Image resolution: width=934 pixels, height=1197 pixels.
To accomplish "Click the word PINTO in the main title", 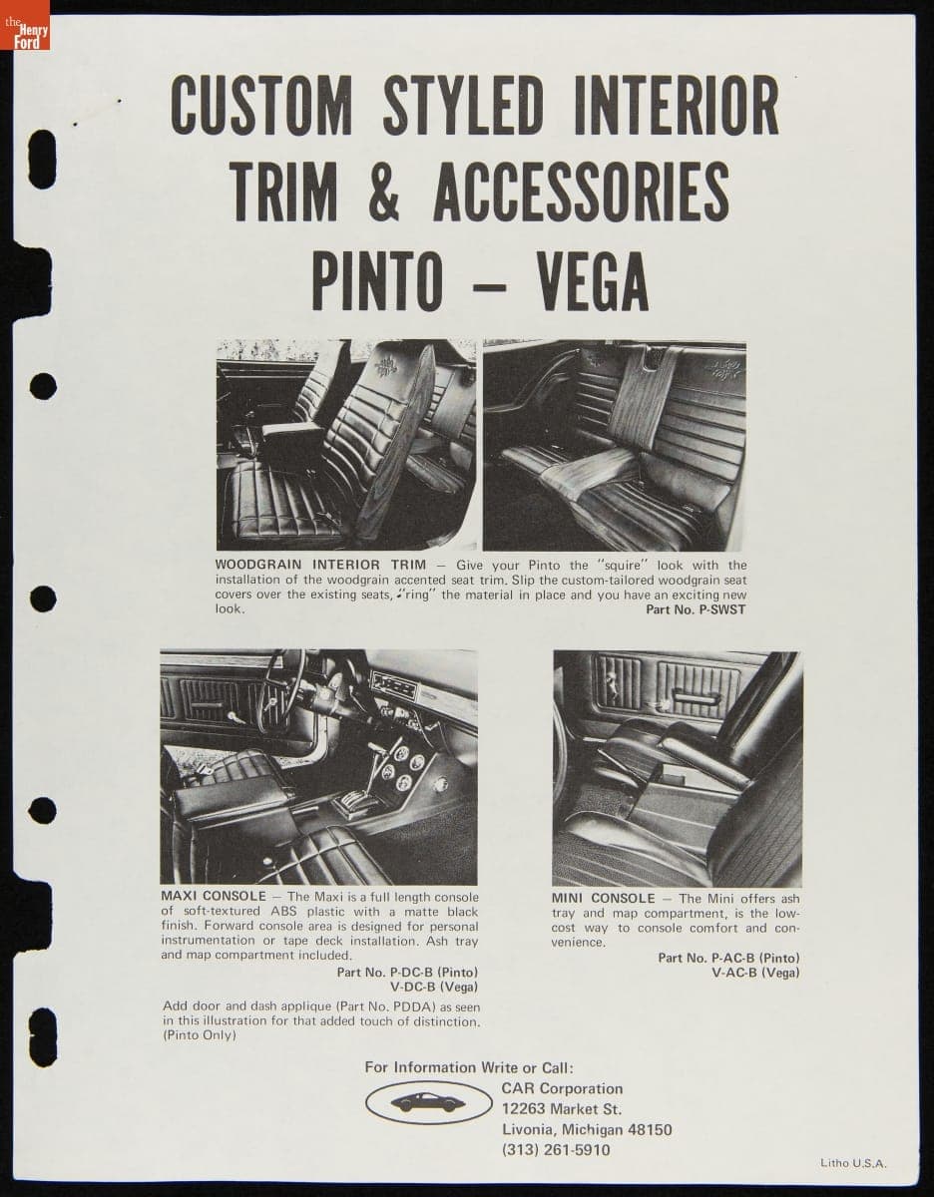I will point(376,282).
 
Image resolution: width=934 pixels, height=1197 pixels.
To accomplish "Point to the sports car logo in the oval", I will point(428,1102).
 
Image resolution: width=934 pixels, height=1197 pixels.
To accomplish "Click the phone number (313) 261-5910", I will point(556,1149).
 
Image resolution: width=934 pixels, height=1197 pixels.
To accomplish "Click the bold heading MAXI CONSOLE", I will point(214,897).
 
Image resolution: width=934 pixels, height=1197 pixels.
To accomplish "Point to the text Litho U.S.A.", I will point(853,1162).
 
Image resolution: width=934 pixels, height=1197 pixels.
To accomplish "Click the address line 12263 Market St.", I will point(561,1108).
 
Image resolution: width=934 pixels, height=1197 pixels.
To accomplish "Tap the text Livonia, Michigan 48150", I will point(587,1129).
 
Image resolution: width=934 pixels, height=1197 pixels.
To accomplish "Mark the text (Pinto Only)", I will point(200,1035).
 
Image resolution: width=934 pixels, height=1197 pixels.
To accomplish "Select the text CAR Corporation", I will point(562,1088).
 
